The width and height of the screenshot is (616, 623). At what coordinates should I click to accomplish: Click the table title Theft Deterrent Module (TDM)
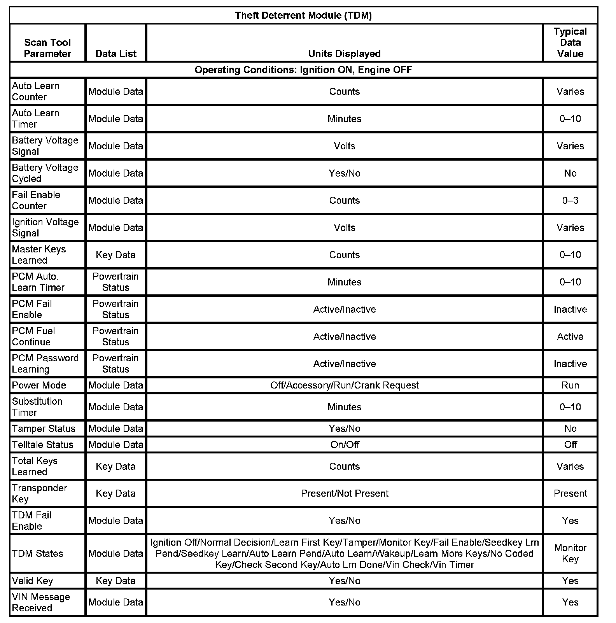[303, 16]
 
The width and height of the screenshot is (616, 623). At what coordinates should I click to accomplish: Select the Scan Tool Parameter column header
[47, 48]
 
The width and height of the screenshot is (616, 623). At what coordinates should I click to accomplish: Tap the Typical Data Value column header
[570, 42]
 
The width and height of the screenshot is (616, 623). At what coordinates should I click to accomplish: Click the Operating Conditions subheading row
[303, 70]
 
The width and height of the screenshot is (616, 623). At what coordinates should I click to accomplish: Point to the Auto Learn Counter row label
[36, 91]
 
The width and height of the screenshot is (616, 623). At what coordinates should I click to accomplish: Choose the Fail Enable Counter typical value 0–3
[570, 201]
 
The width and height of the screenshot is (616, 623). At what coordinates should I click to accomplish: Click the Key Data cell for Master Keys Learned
[115, 255]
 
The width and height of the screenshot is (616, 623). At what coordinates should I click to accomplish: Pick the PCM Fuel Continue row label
[33, 336]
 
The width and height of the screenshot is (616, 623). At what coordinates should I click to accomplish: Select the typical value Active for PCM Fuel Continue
[570, 337]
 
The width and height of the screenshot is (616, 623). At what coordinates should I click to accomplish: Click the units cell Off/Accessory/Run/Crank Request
[345, 385]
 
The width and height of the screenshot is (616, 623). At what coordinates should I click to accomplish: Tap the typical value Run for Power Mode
[570, 385]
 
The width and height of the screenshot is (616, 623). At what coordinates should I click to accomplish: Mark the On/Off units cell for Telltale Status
[345, 444]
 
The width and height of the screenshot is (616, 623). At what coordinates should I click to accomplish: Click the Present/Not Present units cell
[345, 493]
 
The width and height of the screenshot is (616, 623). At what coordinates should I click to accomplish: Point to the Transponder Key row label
[39, 493]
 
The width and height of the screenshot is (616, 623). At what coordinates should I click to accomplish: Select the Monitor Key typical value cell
[570, 553]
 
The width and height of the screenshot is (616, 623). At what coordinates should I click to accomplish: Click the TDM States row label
[37, 554]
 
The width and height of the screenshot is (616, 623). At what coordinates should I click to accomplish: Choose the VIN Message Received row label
[41, 602]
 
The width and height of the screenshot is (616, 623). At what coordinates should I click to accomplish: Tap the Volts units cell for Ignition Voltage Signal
[345, 228]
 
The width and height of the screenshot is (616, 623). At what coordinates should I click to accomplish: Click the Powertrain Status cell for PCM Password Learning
[115, 364]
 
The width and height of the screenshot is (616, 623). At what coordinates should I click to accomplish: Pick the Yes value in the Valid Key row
[570, 581]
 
